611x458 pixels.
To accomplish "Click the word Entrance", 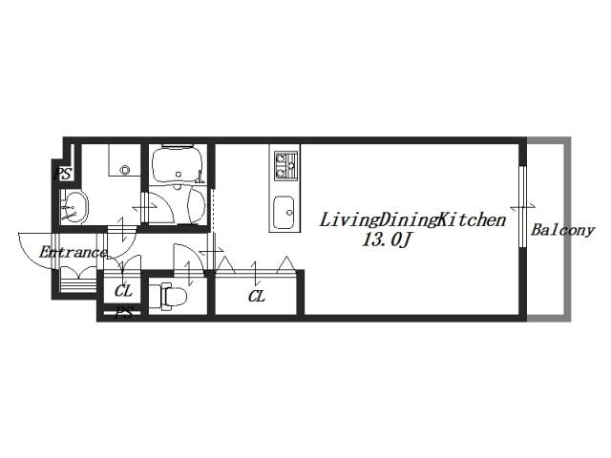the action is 73,252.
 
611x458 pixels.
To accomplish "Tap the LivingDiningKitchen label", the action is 412,220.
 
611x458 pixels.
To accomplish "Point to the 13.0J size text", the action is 386,239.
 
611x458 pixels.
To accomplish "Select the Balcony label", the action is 562,230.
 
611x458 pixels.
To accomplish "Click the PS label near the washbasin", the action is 62,174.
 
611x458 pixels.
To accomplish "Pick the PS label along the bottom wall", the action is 124,313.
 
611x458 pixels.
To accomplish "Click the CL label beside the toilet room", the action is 123,291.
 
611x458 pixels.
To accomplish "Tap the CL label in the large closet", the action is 257,297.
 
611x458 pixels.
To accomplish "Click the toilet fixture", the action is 169,296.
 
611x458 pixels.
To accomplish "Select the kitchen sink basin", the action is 284,212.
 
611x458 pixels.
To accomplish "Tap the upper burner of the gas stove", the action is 281,158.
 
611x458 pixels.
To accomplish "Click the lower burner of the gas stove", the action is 281,172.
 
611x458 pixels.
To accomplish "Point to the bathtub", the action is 178,164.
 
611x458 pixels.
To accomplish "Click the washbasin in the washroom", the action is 74,207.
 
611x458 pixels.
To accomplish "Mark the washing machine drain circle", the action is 125,170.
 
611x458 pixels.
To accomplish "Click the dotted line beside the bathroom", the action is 214,209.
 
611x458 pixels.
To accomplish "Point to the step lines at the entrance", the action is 78,280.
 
